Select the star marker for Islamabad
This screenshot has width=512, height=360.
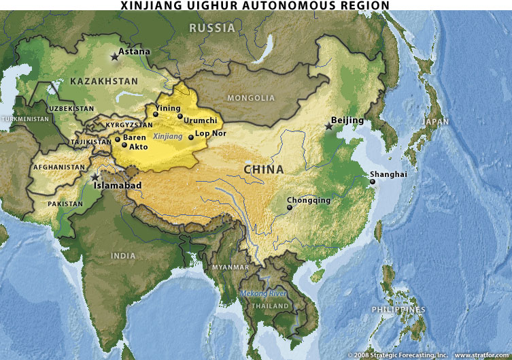[x=95, y=177]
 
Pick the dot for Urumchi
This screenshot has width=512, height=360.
[x=180, y=116]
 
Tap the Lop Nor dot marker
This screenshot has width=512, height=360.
[x=191, y=137]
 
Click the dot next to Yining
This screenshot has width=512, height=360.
[x=156, y=114]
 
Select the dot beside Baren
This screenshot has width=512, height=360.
[x=118, y=139]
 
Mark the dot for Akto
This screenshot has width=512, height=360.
[x=124, y=145]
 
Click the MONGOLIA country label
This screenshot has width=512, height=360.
[x=250, y=98]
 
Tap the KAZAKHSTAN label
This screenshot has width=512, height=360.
[x=104, y=82]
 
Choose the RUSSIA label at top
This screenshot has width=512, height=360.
[x=212, y=28]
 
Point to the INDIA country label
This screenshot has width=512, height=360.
[x=123, y=255]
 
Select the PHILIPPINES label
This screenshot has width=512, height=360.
[x=398, y=310]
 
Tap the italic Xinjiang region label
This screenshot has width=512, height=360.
[x=168, y=137]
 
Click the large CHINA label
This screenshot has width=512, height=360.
[x=264, y=169]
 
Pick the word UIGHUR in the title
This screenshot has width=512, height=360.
[x=203, y=5]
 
